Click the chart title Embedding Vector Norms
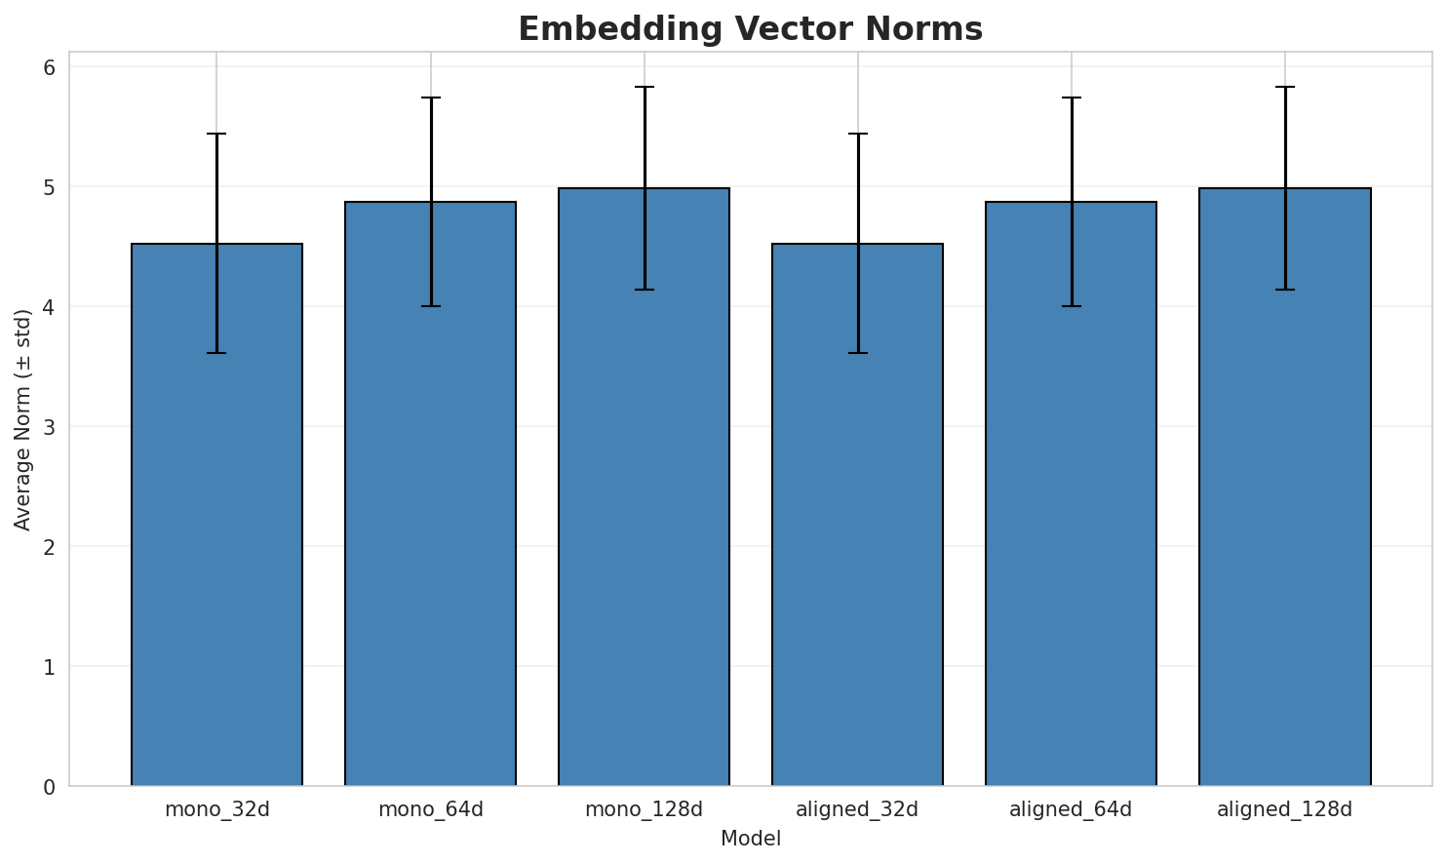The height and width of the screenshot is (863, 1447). pos(750,29)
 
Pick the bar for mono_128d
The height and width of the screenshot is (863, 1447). pos(644,487)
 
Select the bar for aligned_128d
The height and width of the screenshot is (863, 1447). pos(1284,487)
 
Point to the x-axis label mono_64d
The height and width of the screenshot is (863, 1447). pos(430,809)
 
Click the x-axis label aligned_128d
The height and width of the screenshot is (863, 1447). pos(1284,809)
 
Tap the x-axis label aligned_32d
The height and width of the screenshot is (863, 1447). pos(857,809)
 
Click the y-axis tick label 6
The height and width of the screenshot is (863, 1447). pos(49,67)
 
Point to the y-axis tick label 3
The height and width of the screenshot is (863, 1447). pos(49,427)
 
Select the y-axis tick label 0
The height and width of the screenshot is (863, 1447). pos(49,787)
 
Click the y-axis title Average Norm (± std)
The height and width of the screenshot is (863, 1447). pos(23,419)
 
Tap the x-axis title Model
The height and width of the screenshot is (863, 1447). pos(751,839)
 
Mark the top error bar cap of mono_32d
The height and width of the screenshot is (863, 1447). pos(216,134)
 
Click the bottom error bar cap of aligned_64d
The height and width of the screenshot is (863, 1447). pos(1071,306)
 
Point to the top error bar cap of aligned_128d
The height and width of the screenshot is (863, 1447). pos(1284,87)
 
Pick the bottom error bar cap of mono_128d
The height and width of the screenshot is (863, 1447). pos(644,290)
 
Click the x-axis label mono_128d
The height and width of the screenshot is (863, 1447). pos(644,809)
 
